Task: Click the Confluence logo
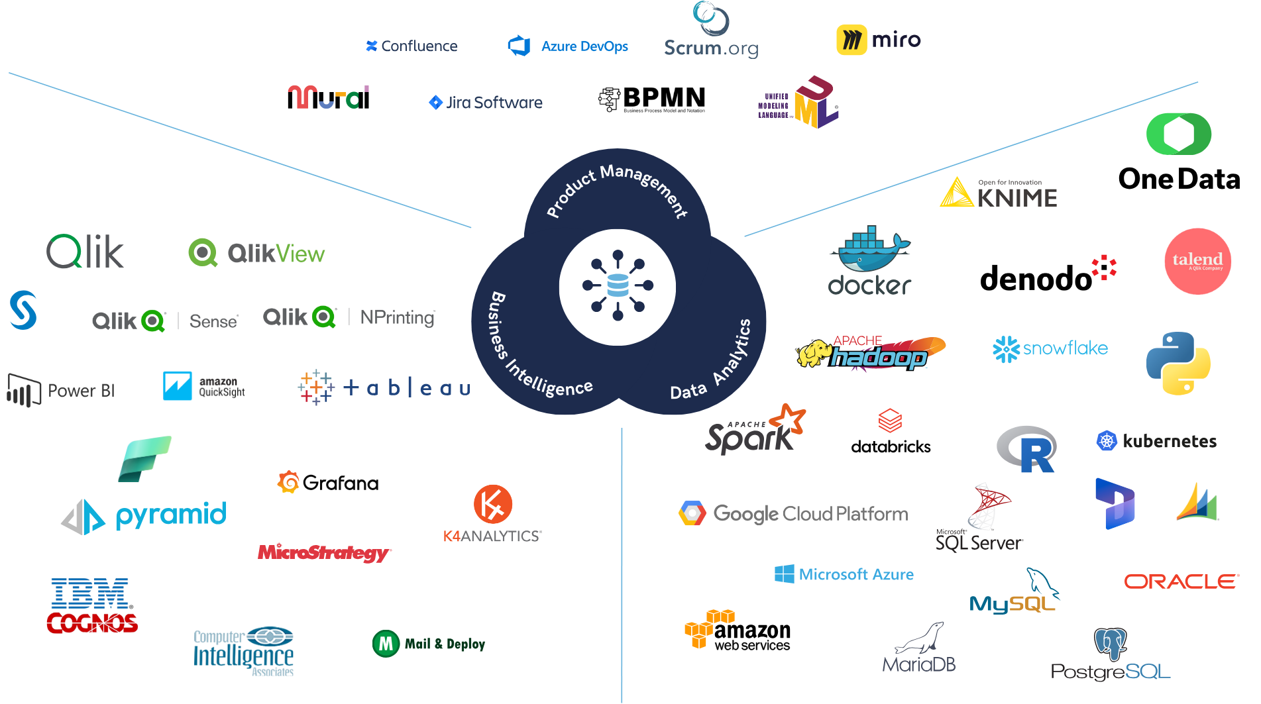coord(411,46)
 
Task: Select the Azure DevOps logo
coord(567,46)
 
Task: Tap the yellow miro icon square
coord(851,40)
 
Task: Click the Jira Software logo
coord(486,103)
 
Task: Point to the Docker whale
coord(870,252)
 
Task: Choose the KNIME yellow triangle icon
coord(956,193)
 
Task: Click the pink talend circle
coord(1197,261)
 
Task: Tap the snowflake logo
coord(1050,349)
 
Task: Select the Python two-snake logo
coord(1178,364)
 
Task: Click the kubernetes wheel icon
coord(1107,441)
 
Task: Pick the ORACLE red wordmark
coord(1181,581)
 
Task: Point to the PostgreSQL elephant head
coord(1111,643)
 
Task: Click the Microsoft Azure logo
coord(844,574)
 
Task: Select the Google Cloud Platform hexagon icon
coord(692,514)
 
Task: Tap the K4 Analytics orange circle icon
coord(493,505)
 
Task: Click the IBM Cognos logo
coord(92,605)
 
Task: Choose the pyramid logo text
coord(171,515)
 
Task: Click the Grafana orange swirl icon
coord(288,482)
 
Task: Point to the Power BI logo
coord(61,390)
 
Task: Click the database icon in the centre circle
coord(618,286)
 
